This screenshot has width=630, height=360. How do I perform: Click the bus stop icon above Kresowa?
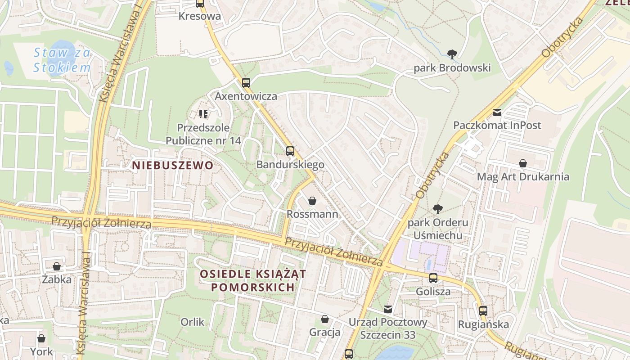200,4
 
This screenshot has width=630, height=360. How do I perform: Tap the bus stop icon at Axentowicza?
246,83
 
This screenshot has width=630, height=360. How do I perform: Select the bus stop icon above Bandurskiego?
290,151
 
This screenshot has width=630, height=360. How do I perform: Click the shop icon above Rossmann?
312,201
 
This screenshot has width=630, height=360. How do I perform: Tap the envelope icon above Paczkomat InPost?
497,112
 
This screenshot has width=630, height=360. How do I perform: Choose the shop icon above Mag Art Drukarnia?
523,163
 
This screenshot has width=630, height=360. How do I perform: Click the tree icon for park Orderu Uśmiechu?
437,209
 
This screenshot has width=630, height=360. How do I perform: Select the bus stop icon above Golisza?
433,278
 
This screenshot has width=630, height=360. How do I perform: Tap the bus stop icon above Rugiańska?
483,310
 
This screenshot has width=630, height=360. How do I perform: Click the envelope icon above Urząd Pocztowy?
388,309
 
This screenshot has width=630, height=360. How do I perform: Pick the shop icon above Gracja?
325,319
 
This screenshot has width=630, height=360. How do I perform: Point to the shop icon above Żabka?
57,266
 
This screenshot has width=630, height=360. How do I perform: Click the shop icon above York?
41,338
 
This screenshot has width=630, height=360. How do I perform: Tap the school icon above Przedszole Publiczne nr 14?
203,114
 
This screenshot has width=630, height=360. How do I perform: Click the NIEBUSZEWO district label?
173,165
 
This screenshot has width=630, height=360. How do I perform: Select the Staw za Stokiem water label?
62,60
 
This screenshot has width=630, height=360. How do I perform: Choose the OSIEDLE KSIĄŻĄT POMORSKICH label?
253,280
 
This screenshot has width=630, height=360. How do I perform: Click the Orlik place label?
192,322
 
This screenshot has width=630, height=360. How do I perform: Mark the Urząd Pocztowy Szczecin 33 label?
388,328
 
